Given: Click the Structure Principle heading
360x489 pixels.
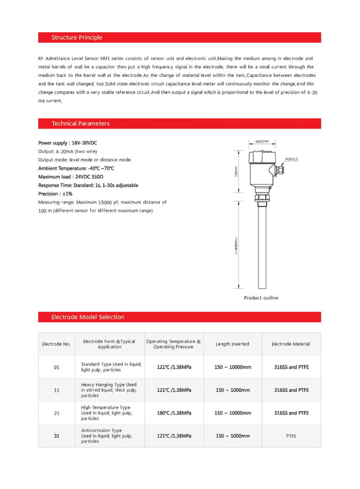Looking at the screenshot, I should (77, 38).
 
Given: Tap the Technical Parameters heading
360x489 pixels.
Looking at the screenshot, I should (80, 124).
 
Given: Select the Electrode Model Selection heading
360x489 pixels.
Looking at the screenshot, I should (87, 317).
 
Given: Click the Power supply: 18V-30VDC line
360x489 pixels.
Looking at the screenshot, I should (63, 143).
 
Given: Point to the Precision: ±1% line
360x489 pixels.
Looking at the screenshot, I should (55, 194).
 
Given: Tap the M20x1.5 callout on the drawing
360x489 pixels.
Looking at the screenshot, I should (291, 160).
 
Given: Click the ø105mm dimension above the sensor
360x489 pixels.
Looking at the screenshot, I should (262, 141).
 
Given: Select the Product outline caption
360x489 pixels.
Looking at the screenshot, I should (261, 298).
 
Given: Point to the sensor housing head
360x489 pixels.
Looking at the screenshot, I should (262, 167).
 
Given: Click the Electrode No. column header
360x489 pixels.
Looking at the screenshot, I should (56, 344).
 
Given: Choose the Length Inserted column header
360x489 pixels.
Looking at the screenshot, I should (232, 344).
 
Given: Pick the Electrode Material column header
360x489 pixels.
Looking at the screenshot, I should (291, 344).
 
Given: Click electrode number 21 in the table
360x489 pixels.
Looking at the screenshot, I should (56, 413).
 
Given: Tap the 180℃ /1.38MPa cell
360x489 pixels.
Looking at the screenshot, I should (174, 413).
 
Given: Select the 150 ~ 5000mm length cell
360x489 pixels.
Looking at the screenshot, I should (232, 436).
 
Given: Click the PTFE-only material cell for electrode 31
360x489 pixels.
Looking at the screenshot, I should (291, 436).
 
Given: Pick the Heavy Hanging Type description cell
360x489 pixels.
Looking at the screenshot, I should (109, 390).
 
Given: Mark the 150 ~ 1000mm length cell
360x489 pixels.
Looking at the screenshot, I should (232, 390).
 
